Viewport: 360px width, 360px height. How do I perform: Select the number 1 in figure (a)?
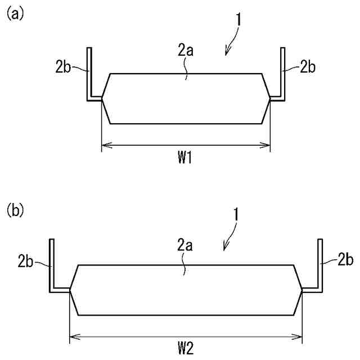click(239, 20)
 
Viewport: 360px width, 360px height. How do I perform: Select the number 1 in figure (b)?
click(238, 216)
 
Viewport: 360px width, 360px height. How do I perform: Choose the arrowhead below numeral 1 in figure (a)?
click(226, 52)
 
